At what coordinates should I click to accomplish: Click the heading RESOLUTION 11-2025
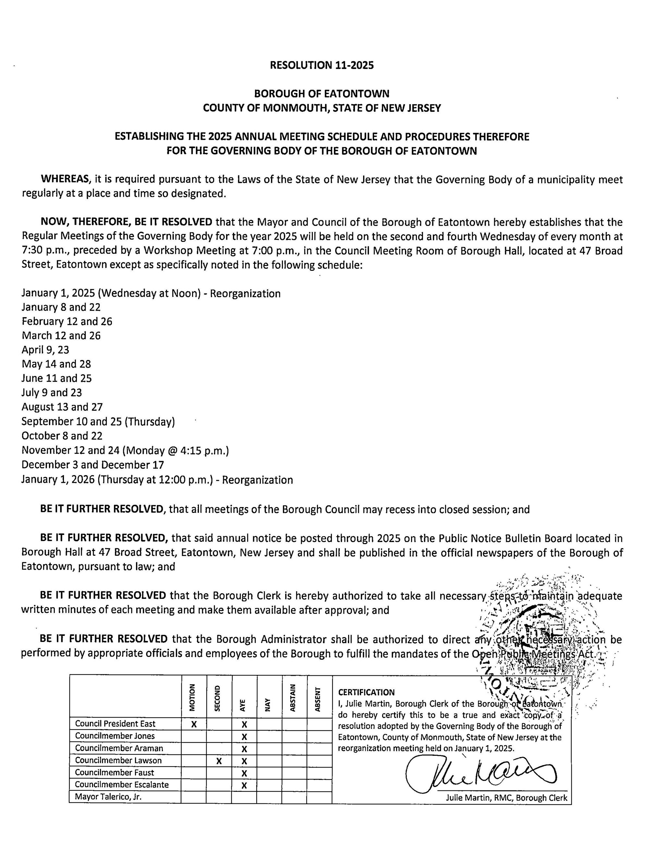[322, 65]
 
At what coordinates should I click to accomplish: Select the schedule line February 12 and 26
[67, 321]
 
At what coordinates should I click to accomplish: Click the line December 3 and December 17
[92, 465]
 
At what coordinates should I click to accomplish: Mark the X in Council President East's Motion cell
[194, 724]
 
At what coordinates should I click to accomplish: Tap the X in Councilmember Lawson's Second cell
[219, 761]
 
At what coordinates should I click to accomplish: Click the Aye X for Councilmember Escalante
[244, 785]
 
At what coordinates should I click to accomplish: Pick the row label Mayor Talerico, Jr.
[108, 797]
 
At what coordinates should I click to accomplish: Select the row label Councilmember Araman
[119, 748]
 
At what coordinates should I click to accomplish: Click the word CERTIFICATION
[366, 692]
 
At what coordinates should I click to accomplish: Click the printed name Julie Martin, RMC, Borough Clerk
[506, 798]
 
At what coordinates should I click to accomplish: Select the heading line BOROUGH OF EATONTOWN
[322, 93]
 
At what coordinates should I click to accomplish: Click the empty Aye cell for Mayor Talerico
[244, 797]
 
